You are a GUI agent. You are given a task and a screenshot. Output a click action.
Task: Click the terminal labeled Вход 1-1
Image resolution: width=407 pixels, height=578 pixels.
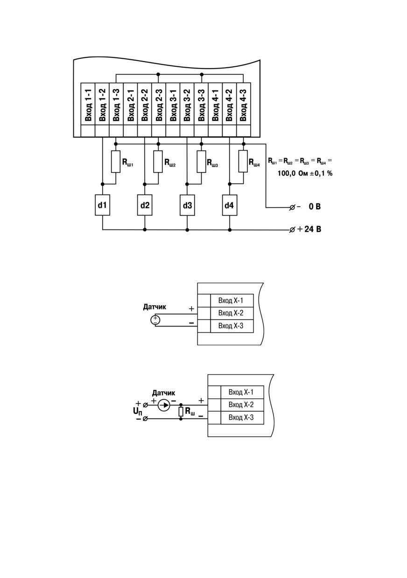click(88, 104)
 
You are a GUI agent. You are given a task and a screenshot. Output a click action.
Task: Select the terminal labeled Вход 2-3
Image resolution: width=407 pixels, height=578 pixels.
click(159, 104)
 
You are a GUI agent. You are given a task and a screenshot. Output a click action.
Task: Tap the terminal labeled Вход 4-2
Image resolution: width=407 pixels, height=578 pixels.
click(229, 104)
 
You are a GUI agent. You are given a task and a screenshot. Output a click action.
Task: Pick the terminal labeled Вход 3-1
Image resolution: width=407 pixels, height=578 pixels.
click(173, 104)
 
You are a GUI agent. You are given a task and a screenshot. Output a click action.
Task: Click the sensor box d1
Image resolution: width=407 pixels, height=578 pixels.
click(103, 205)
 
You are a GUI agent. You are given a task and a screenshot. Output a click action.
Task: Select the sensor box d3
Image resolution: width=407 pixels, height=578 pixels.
click(187, 205)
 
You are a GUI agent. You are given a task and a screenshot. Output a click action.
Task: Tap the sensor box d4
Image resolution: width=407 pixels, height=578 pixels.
click(230, 205)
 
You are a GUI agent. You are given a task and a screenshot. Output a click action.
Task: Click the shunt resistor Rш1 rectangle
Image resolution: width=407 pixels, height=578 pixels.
click(116, 161)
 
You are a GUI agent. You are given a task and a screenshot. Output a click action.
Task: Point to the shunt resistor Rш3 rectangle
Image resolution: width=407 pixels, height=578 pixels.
click(202, 161)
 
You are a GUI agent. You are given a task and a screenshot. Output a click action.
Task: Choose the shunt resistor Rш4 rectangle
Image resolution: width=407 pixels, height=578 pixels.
click(243, 161)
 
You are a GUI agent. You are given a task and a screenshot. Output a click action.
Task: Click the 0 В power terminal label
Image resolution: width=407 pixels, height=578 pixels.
click(315, 206)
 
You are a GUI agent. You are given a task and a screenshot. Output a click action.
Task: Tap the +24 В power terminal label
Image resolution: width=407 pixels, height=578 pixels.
click(309, 229)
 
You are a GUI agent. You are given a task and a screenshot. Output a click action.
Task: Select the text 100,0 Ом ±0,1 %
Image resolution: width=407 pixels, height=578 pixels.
click(305, 173)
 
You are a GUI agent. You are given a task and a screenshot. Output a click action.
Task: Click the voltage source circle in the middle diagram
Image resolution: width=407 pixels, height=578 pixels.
click(155, 320)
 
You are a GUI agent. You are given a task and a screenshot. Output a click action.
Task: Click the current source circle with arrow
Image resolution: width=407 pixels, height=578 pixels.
click(164, 405)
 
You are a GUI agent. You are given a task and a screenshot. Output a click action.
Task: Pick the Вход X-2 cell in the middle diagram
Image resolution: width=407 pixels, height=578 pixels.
click(232, 313)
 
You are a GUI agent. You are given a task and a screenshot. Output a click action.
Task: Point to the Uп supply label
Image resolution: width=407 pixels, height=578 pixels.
click(138, 411)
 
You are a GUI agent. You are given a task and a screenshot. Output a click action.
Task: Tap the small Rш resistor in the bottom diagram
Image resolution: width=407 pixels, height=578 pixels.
click(181, 412)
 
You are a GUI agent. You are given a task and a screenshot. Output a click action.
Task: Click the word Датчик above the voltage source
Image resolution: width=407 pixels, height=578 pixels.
click(154, 307)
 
